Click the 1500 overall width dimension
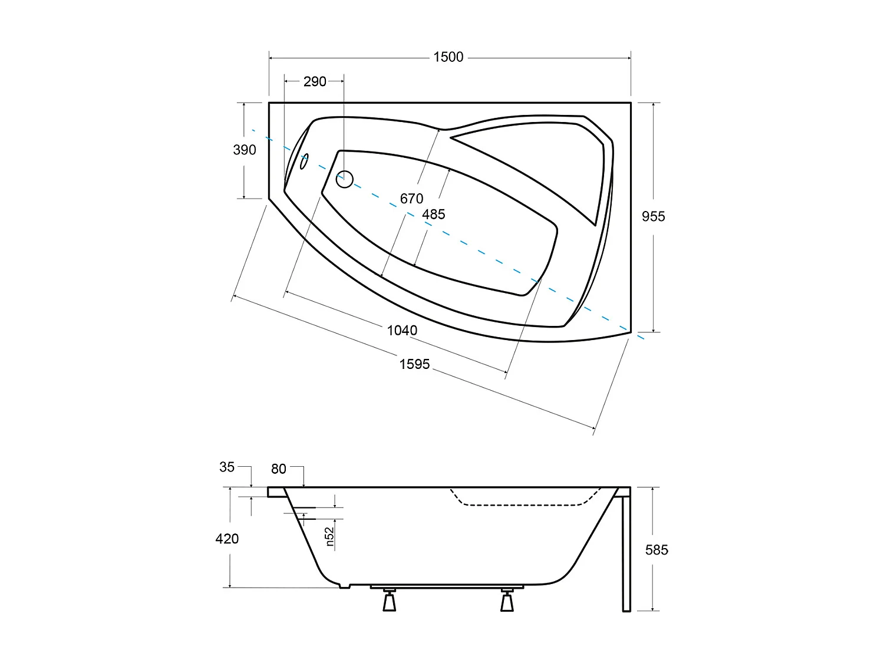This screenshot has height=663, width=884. pos(448,57)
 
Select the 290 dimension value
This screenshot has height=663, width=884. pos(315,81)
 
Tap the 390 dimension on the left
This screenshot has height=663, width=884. pos(245,150)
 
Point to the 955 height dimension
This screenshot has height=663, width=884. pos(653,216)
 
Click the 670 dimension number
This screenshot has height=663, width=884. pos(411,199)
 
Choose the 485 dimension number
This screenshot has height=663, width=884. pos(433,215)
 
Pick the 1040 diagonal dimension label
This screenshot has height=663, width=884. pos(402,331)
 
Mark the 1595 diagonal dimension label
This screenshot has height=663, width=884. pos(414,364)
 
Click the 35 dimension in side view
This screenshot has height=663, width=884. pos(227,467)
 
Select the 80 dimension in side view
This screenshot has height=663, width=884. pos(279,469)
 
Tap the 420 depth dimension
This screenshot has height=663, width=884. pos(227,539)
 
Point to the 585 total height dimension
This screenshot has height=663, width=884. pos(657,550)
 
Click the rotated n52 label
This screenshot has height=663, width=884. pos(329,537)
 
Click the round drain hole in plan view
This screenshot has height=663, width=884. pos(344,179)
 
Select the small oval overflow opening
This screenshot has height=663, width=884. pos(304,161)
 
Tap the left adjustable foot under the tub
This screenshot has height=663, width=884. pos(389,600)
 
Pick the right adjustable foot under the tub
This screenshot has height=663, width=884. pos(507,600)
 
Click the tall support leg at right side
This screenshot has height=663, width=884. pos(626,551)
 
